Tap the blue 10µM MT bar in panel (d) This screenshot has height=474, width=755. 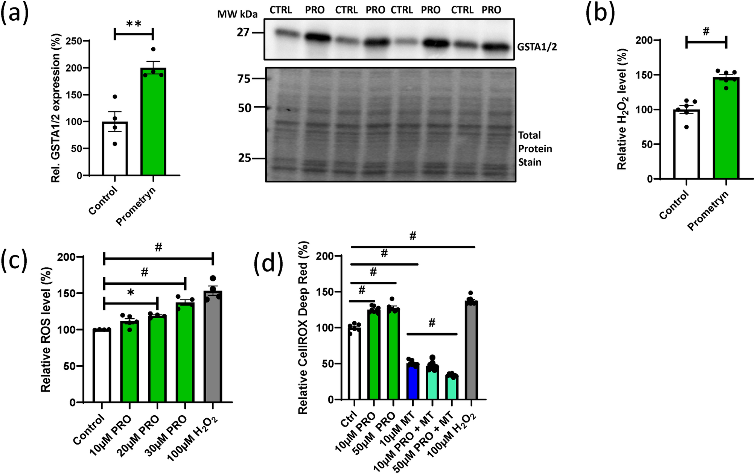point(413,382)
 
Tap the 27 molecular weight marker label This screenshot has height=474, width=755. point(243,33)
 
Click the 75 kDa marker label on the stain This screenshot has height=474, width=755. point(244,79)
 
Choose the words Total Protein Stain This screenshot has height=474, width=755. point(534,149)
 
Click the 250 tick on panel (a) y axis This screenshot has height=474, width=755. point(74,41)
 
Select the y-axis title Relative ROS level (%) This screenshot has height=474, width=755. point(46,330)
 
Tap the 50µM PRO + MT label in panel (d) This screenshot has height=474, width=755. point(433,444)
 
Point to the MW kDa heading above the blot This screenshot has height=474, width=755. point(237,14)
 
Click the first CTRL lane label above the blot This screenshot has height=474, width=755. point(281,10)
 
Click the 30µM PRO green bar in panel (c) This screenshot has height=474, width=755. point(185,354)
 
